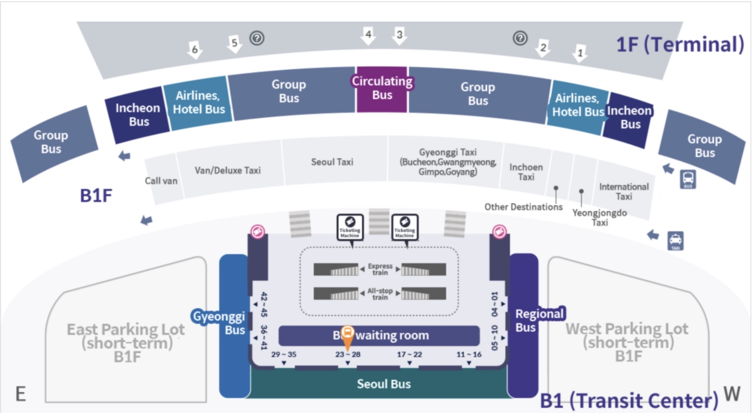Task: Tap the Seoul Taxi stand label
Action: (332, 162)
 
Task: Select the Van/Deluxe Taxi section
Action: (228, 170)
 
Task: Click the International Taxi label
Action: (624, 191)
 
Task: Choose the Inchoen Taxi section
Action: (526, 172)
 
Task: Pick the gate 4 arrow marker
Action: (368, 36)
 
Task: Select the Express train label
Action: (380, 269)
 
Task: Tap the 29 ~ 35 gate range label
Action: (284, 355)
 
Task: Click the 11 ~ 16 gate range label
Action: (469, 355)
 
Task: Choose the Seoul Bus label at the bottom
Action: (384, 384)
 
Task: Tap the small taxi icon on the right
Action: (675, 241)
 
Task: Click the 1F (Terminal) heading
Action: (680, 45)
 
